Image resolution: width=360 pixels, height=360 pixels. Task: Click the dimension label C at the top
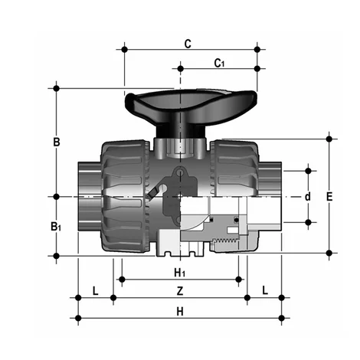point(188,44)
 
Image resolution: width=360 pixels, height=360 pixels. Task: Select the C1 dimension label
point(219,62)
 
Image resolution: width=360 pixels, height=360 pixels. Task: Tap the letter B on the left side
point(56,142)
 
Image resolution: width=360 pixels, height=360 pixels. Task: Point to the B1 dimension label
point(56,227)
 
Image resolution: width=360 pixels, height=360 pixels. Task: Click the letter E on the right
point(329,197)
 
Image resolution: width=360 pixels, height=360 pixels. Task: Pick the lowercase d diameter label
point(308,196)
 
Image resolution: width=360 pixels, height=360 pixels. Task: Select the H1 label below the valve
point(179,273)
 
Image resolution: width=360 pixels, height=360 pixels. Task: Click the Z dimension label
point(179,291)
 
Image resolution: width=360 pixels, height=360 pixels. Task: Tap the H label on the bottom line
point(179,311)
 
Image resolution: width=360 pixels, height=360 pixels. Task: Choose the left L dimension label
point(95,291)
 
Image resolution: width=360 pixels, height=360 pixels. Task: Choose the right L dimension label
point(264,291)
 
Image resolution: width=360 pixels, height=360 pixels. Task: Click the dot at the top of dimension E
point(329,139)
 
